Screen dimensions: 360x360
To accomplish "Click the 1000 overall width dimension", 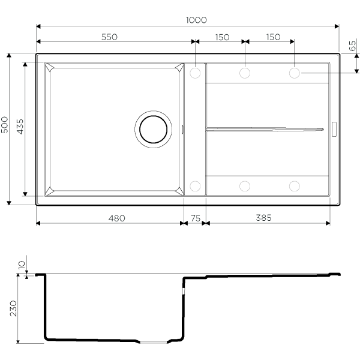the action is click(x=196, y=20).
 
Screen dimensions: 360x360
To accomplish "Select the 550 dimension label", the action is click(x=110, y=37).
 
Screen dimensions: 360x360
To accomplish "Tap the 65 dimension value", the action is click(x=352, y=46).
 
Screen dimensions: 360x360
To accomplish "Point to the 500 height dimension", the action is click(x=4, y=125).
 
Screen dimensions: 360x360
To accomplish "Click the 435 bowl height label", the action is click(x=20, y=127).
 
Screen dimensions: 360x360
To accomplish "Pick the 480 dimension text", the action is click(x=117, y=218).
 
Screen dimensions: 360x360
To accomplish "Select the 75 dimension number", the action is click(x=196, y=218).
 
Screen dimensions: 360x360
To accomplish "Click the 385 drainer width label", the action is click(x=264, y=218).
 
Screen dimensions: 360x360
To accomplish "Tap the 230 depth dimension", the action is click(x=13, y=308).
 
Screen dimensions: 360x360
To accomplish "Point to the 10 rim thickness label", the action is click(x=22, y=265).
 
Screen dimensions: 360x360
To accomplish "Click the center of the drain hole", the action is click(x=154, y=129).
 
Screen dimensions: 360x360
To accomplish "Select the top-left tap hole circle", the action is click(x=195, y=73).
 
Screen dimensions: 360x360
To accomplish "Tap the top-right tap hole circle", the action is click(x=295, y=73).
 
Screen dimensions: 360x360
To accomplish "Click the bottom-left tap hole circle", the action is click(x=195, y=186).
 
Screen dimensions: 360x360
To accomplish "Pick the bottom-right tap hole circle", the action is click(x=295, y=186).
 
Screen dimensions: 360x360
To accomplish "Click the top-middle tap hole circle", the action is click(x=245, y=73).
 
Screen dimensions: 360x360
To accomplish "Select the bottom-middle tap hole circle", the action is click(x=245, y=186).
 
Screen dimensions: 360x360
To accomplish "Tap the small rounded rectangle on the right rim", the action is click(x=334, y=129).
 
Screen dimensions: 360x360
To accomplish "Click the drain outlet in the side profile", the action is click(x=154, y=342).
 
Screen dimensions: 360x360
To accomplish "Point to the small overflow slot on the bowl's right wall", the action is click(x=182, y=129).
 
